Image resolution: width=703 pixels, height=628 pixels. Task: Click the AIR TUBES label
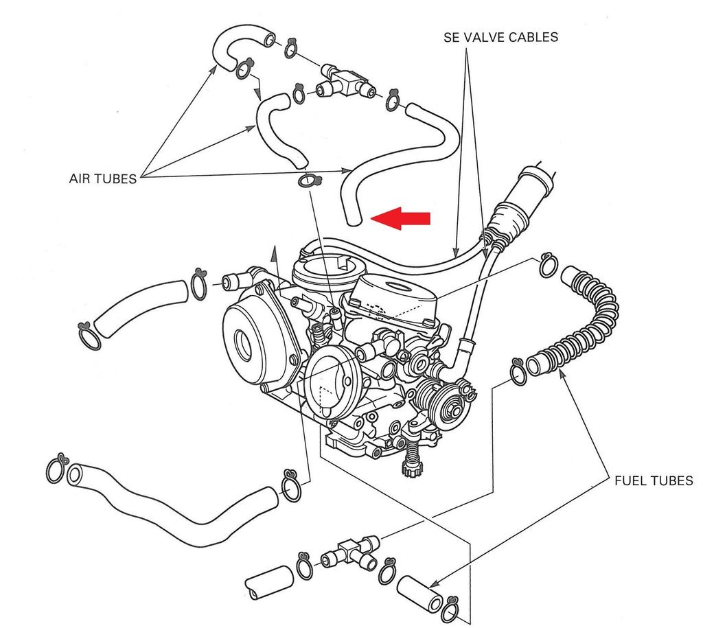pos(102,178)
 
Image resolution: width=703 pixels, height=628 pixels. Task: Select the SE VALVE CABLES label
pos(500,37)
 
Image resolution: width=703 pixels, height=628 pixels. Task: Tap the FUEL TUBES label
pos(653,481)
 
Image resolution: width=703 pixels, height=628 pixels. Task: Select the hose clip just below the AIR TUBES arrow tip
pos(310,181)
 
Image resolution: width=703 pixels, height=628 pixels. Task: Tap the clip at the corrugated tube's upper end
pos(548,264)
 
